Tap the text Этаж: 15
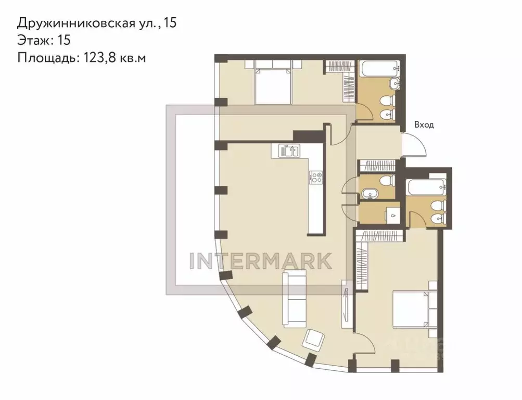(x=43, y=40)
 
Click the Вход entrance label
(x=424, y=125)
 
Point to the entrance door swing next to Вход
(x=416, y=146)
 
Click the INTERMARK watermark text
(x=260, y=260)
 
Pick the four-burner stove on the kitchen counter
(x=315, y=178)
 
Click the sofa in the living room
(x=294, y=298)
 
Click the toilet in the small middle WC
(x=386, y=181)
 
